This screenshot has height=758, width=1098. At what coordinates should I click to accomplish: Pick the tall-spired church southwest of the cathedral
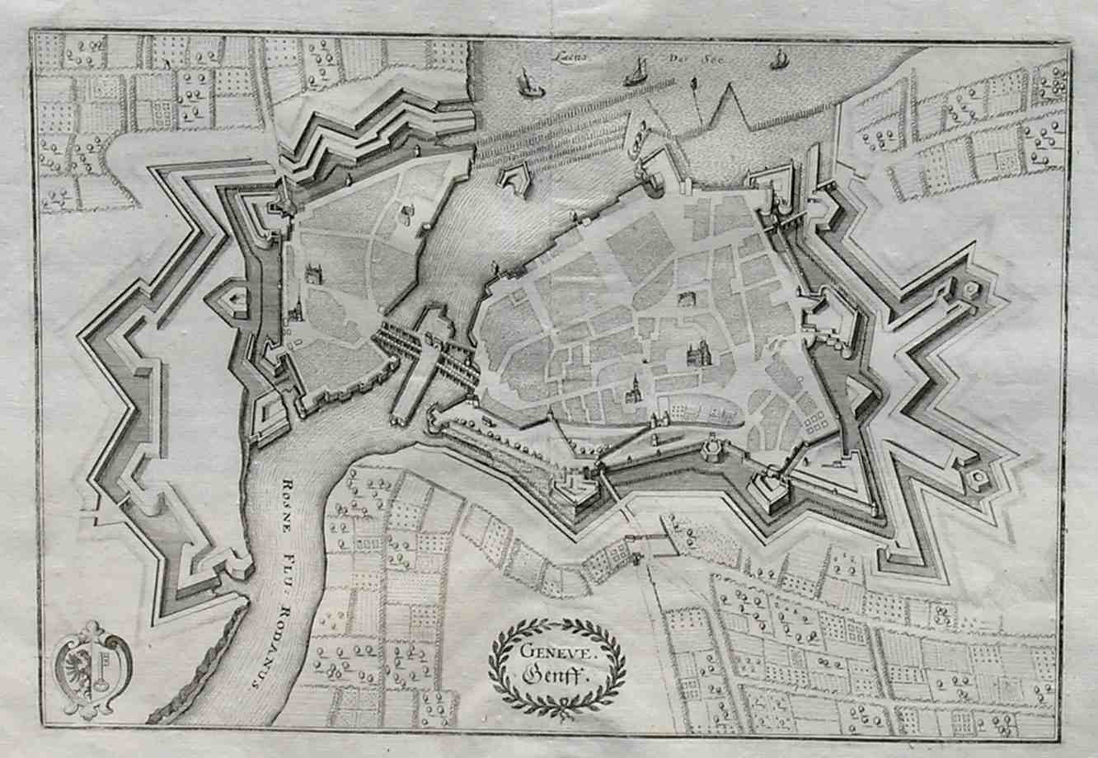[x=635, y=389]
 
